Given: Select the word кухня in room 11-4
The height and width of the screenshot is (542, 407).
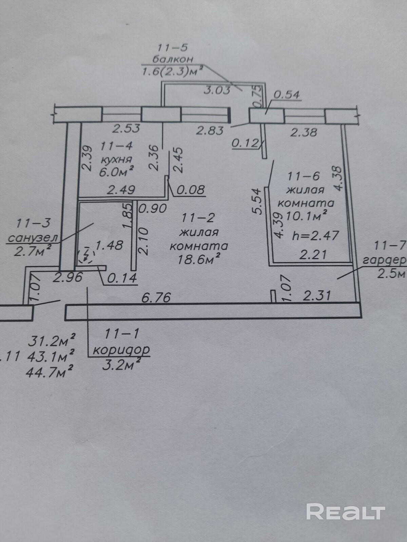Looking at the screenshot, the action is pyautogui.click(x=116, y=159).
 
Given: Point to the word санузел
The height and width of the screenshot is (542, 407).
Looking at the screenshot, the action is pyautogui.click(x=33, y=238).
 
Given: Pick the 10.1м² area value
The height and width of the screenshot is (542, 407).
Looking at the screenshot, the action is pyautogui.click(x=307, y=216).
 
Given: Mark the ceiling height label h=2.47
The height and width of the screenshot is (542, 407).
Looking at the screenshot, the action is pyautogui.click(x=315, y=235).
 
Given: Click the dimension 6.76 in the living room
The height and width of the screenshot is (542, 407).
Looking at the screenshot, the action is pyautogui.click(x=156, y=298).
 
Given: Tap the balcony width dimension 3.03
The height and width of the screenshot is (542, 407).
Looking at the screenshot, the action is pyautogui.click(x=217, y=90).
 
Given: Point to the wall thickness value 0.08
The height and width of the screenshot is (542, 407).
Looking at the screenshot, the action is pyautogui.click(x=191, y=189).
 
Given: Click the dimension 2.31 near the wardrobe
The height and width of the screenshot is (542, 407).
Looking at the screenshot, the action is pyautogui.click(x=316, y=296).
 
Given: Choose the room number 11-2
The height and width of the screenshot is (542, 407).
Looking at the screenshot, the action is pyautogui.click(x=198, y=217).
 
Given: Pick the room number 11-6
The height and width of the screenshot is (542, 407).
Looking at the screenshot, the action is pyautogui.click(x=304, y=176).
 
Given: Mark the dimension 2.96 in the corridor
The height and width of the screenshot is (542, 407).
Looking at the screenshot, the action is pyautogui.click(x=68, y=277).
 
